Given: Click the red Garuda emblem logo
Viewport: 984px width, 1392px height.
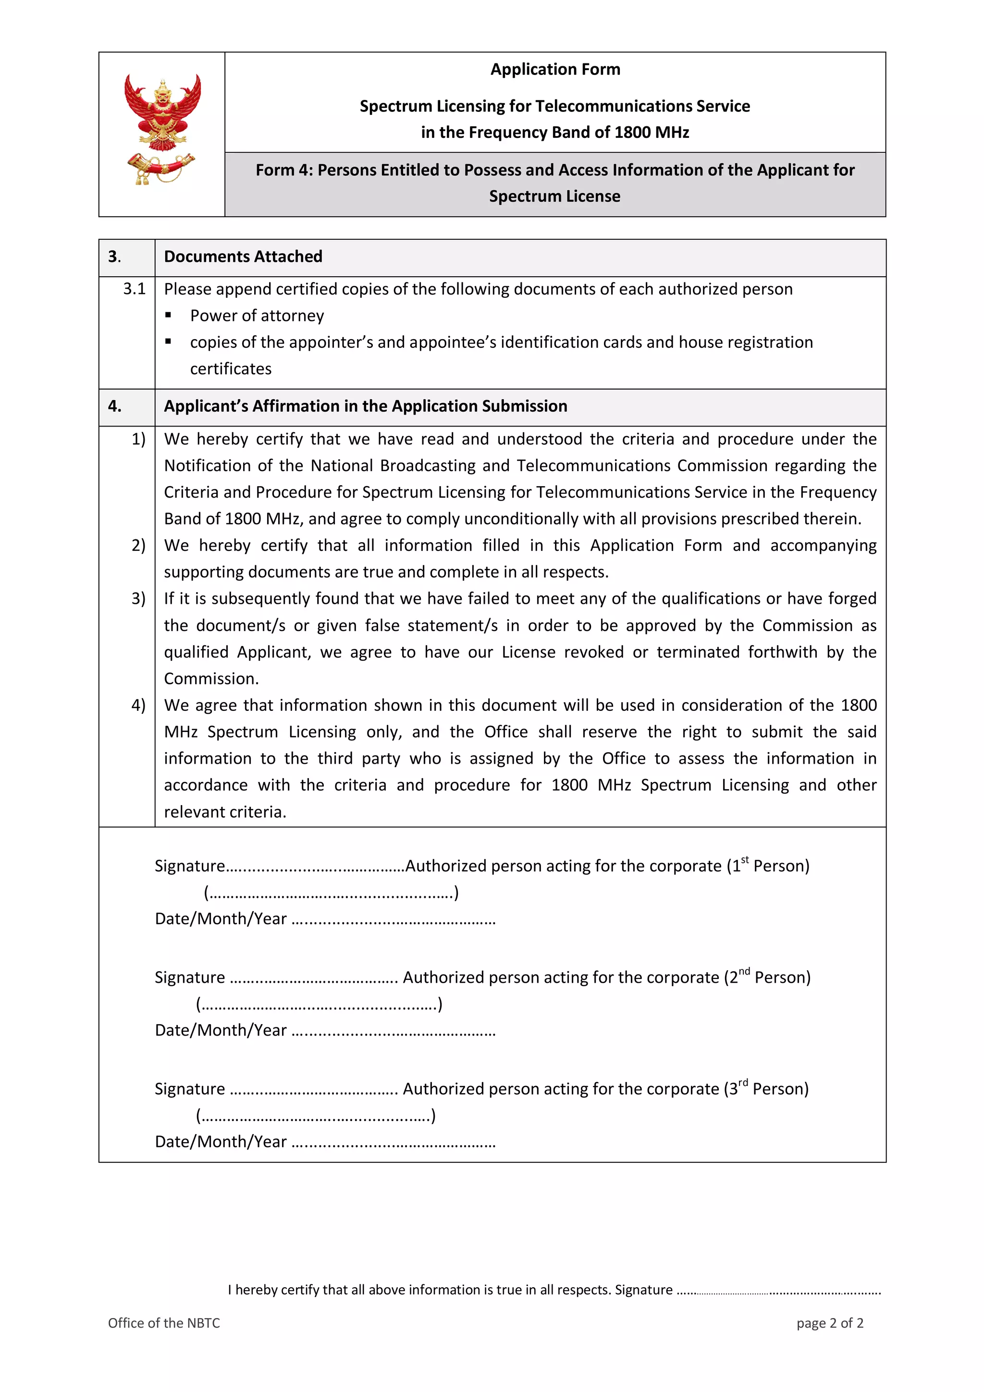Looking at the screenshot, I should pyautogui.click(x=162, y=129).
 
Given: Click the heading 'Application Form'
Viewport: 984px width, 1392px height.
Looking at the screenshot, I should pyautogui.click(x=555, y=69).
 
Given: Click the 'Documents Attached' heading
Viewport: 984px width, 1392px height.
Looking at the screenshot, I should pyautogui.click(x=243, y=257).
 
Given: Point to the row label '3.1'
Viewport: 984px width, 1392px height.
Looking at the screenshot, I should pyautogui.click(x=135, y=289).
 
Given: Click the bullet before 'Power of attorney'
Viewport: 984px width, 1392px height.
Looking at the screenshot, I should pyautogui.click(x=169, y=315).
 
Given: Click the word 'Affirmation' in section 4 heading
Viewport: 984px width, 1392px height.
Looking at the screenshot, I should pyautogui.click(x=296, y=406).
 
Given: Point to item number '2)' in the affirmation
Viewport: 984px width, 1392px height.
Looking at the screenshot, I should pyautogui.click(x=138, y=546).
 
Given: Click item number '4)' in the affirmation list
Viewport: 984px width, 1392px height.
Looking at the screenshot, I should pyautogui.click(x=138, y=705).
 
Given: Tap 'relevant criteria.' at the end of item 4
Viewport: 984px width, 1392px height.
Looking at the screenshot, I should pyautogui.click(x=225, y=812).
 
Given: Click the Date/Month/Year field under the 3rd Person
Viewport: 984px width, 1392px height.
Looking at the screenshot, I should pyautogui.click(x=394, y=1143).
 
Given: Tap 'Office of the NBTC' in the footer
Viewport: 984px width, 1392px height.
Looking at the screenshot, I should pyautogui.click(x=164, y=1323).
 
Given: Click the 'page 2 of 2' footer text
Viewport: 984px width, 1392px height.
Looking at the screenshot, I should pyautogui.click(x=829, y=1323).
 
